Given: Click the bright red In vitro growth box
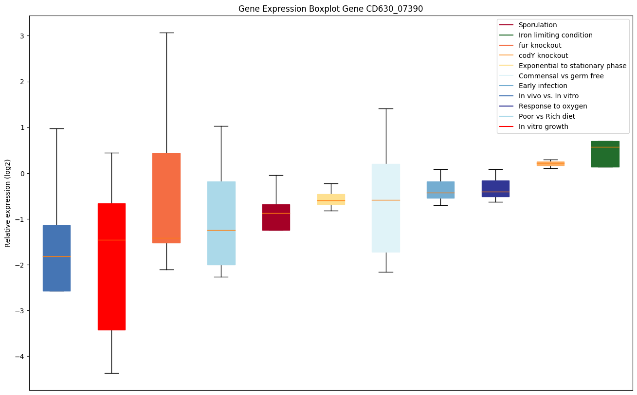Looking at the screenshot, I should coord(111,267).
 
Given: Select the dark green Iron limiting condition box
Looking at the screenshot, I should coord(605,154).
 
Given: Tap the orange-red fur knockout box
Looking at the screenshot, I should coord(166,198).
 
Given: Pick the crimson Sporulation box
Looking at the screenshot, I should coord(276,217).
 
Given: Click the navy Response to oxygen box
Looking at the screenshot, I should coord(495,188).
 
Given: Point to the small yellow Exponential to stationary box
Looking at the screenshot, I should coord(331,199).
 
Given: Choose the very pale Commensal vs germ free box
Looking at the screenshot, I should coord(386,208).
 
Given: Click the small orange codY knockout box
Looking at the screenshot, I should coord(550,163).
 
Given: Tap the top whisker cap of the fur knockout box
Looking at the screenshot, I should coord(166,33).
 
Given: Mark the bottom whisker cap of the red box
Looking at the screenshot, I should coord(111,373).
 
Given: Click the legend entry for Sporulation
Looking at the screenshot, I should coord(537,25).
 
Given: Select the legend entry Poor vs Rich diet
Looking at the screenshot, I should coord(546,116).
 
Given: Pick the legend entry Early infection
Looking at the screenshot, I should coord(543,86).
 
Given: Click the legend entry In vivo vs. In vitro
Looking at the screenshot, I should coord(548,96).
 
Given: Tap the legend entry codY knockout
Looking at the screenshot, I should coord(543,55).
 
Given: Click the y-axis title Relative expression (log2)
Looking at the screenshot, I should coord(7,203).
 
